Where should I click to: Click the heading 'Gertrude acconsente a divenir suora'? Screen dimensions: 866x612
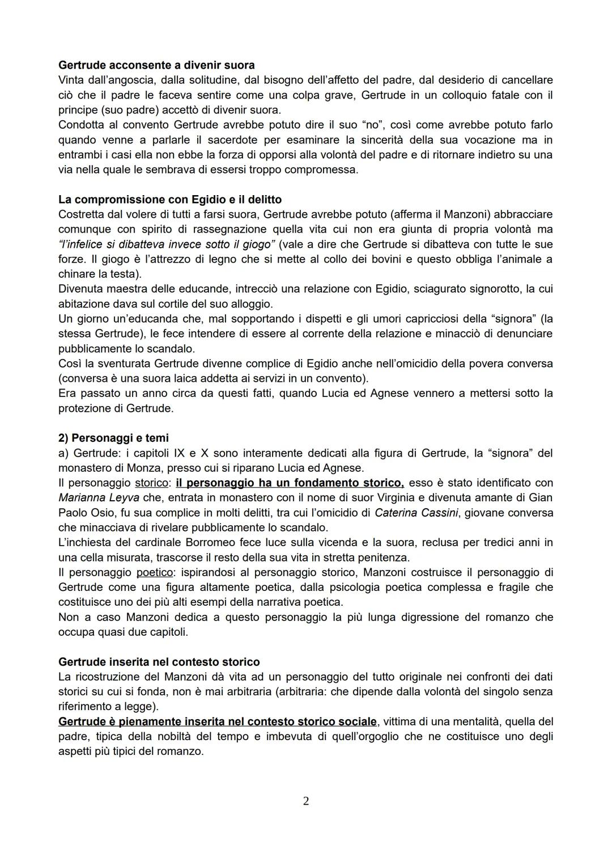click(x=156, y=65)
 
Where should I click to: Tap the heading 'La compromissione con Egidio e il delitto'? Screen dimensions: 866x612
click(x=170, y=200)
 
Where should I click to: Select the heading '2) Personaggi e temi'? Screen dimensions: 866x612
click(x=113, y=438)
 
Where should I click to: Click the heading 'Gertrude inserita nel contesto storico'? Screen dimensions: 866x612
click(x=159, y=662)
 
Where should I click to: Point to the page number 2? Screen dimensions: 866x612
click(x=306, y=801)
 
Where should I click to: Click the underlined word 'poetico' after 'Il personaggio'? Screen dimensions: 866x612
click(x=154, y=572)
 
